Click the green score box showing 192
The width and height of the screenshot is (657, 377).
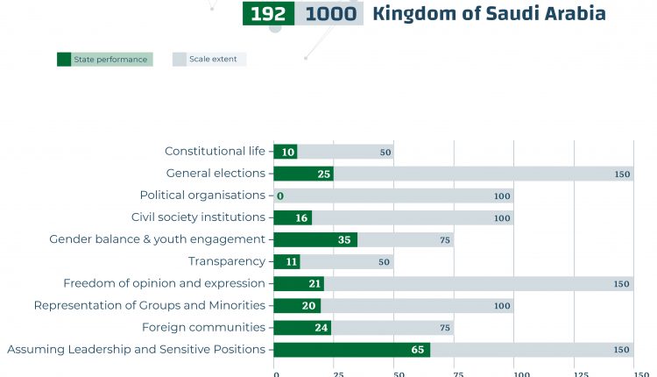click(268, 14)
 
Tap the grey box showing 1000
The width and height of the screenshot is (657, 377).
click(328, 14)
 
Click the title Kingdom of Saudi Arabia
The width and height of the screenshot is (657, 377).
click(489, 14)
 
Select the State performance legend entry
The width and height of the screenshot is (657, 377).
click(104, 60)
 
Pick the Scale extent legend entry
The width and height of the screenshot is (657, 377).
click(209, 60)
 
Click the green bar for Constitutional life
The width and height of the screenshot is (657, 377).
click(286, 152)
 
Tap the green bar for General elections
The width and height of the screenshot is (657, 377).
click(303, 174)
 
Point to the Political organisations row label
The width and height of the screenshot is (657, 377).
click(202, 196)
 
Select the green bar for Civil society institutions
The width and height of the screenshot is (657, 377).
click(293, 217)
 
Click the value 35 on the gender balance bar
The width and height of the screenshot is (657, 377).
click(344, 239)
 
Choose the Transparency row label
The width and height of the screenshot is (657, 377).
click(226, 261)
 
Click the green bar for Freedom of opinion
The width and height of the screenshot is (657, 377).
click(299, 283)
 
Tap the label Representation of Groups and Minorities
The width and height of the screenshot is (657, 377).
click(149, 305)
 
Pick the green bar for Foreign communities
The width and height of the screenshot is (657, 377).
click(302, 327)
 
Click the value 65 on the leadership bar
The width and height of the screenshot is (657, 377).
click(418, 350)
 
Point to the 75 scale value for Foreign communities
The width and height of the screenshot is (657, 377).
click(445, 328)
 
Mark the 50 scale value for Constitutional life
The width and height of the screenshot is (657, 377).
click(385, 153)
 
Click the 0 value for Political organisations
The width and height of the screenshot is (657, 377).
click(280, 196)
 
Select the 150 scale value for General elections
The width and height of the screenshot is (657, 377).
click(622, 174)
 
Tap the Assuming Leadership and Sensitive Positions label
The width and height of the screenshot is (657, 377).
click(136, 349)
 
